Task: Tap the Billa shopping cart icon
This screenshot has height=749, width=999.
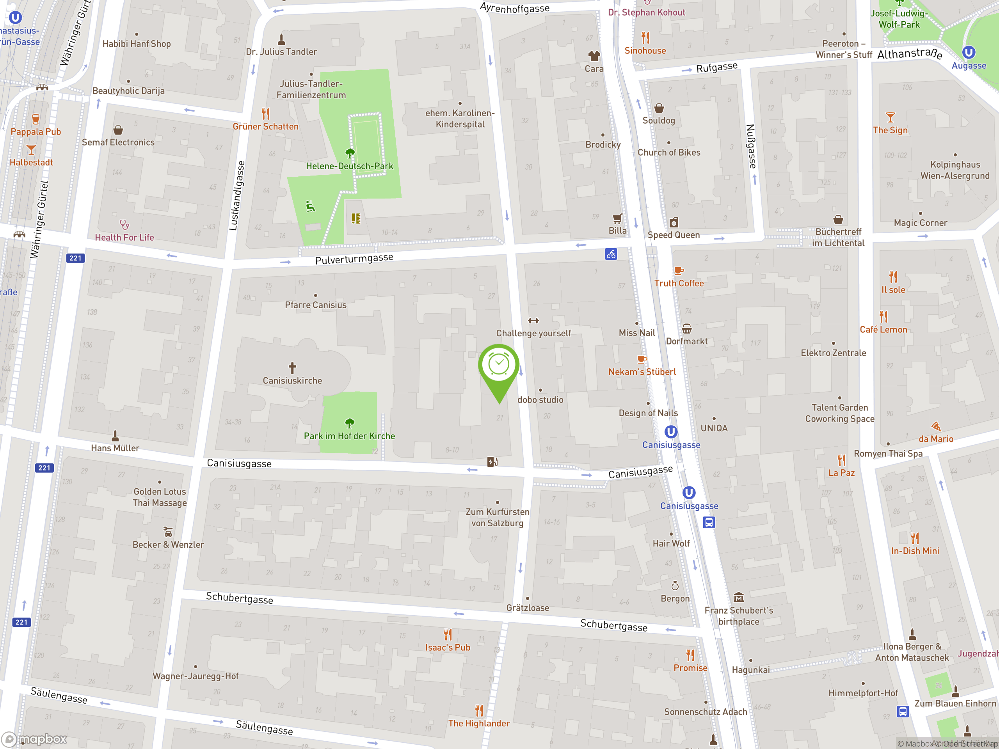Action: click(617, 219)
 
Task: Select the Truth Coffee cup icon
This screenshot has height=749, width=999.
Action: click(678, 271)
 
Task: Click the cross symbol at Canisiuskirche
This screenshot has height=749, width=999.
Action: click(292, 367)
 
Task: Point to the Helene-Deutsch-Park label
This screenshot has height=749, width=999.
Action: click(349, 166)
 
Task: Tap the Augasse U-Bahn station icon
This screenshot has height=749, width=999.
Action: click(968, 52)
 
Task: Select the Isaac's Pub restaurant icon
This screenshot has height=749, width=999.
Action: click(448, 635)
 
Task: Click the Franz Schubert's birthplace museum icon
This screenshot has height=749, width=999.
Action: click(738, 597)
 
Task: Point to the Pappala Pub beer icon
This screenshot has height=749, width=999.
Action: click(36, 119)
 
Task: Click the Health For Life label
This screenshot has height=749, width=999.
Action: click(124, 238)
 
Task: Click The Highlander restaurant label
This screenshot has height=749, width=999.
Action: click(479, 723)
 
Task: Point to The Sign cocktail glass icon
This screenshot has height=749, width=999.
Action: click(890, 117)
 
